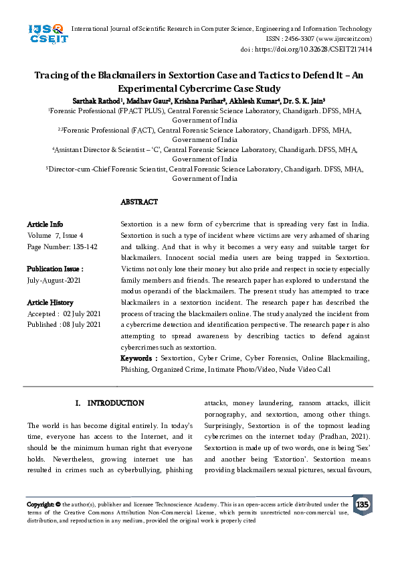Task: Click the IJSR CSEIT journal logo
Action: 45,34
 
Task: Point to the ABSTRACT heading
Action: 139,202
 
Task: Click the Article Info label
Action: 45,224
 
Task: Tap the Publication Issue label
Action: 55,269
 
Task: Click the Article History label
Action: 50,303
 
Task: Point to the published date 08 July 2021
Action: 81,325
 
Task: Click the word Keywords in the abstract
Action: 138,358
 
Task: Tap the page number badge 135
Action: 362,504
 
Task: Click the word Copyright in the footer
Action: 40,504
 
